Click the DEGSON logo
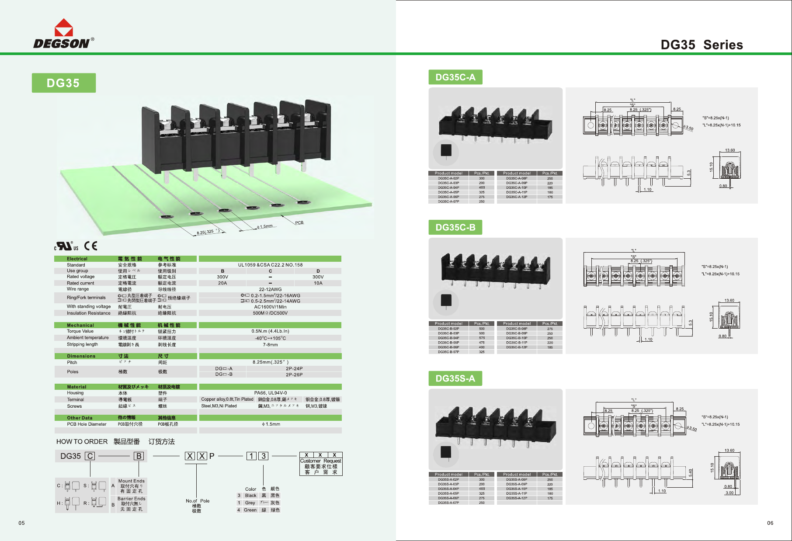point(63,34)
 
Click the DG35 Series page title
point(702,45)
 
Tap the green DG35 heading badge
point(63,83)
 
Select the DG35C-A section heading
point(455,77)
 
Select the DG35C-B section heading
point(455,228)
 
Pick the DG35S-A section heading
point(455,378)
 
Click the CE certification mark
point(90,246)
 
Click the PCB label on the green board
point(299,222)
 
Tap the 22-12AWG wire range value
point(270,289)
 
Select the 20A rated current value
point(222,283)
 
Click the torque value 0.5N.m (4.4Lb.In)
point(270,331)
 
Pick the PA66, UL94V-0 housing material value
point(270,393)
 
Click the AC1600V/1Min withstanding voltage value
point(270,307)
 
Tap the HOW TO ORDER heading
point(82,442)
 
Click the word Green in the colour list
point(250,510)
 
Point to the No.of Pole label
point(198,501)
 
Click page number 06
point(770,523)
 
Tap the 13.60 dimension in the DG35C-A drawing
point(730,150)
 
